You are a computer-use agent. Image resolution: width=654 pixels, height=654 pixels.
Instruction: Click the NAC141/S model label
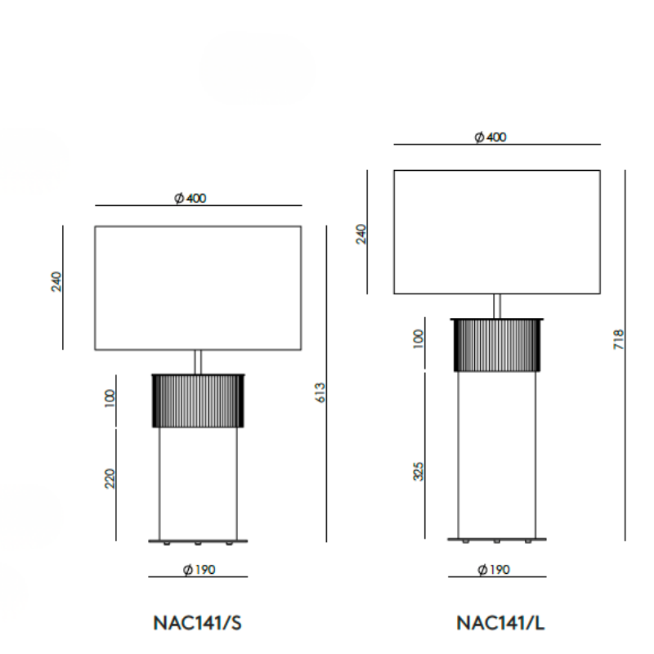coord(197,623)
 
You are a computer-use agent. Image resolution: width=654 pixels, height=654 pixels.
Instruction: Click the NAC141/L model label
coord(500,623)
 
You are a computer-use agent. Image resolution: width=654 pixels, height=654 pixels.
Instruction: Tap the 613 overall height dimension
coord(320,392)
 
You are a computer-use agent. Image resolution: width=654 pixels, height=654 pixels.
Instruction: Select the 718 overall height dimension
coord(619,339)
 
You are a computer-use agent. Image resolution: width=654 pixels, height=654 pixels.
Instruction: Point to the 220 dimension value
coord(110,478)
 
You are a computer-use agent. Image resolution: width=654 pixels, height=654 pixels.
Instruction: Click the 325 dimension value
coord(419,472)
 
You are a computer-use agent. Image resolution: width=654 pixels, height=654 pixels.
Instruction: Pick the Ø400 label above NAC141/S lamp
coord(190,198)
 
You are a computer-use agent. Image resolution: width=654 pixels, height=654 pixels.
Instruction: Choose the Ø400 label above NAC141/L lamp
coord(490,137)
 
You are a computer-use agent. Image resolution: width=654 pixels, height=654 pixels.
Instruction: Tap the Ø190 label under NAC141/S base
coord(199,569)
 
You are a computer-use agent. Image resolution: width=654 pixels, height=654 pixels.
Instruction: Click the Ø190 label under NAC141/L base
coord(494,569)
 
